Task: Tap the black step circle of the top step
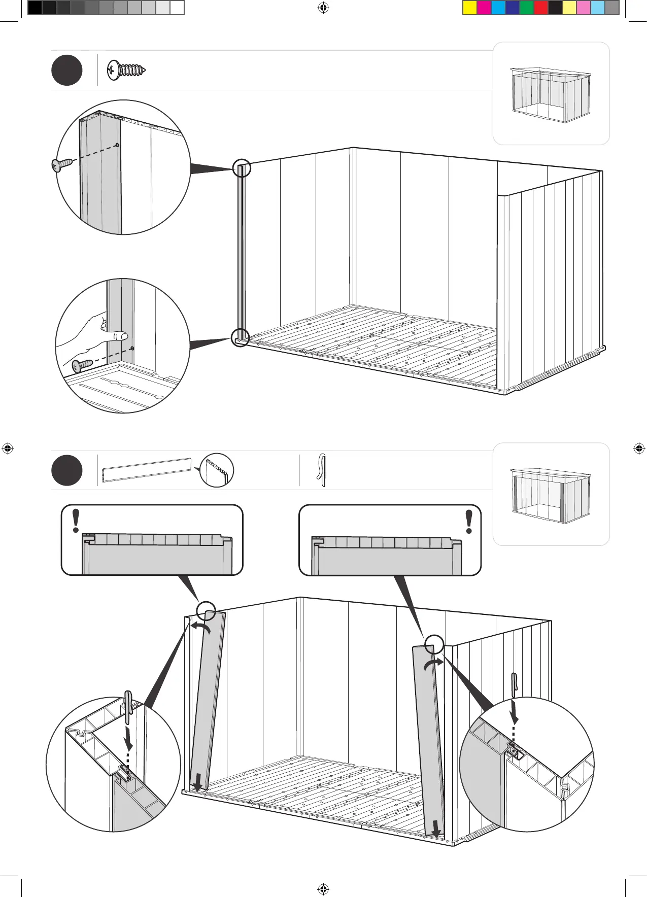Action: point(66,71)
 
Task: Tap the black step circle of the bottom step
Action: point(66,470)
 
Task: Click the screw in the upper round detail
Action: point(60,164)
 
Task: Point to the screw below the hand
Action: point(82,364)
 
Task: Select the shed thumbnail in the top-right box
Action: point(551,95)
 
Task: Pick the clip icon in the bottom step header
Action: point(321,470)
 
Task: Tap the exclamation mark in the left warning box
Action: point(76,521)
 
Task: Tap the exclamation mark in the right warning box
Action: point(469,521)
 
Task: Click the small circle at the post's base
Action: point(241,337)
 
